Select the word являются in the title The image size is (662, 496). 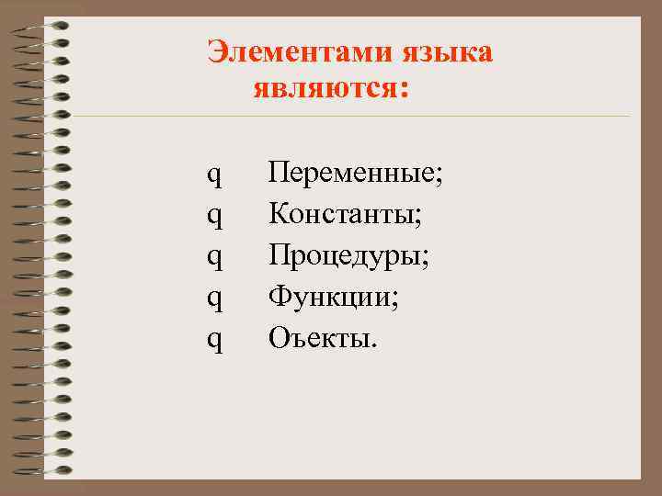323,90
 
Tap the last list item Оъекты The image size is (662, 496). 320,339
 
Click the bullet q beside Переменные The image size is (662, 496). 213,175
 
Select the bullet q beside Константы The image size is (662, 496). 213,217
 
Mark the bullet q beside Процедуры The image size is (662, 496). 213,258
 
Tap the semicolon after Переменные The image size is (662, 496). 439,176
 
